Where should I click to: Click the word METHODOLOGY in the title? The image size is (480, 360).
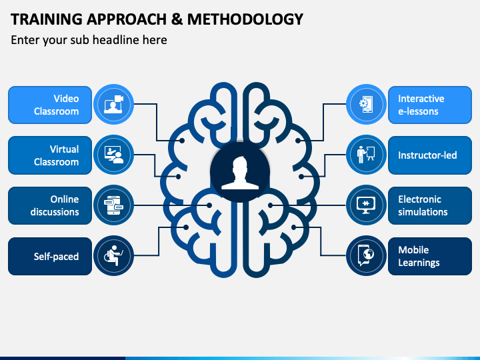click(x=245, y=19)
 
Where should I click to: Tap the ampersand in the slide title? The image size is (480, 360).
click(x=177, y=19)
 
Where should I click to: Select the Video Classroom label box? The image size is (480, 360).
click(x=50, y=105)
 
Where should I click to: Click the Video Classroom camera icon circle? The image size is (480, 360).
click(x=113, y=105)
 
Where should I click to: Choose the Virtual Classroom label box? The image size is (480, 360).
click(x=50, y=155)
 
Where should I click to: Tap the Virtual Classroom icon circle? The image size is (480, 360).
click(x=113, y=155)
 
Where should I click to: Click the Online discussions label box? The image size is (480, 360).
click(x=50, y=206)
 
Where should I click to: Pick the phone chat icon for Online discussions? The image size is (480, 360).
click(x=113, y=205)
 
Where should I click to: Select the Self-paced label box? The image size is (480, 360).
click(x=50, y=256)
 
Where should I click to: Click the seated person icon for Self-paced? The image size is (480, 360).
click(x=113, y=255)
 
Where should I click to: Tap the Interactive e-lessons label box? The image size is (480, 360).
click(x=430, y=105)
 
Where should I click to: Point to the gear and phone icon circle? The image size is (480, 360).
click(x=366, y=105)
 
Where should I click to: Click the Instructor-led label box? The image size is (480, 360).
click(x=430, y=155)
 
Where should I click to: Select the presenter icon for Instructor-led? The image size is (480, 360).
click(x=366, y=155)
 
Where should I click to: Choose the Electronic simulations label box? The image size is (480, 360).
click(x=430, y=206)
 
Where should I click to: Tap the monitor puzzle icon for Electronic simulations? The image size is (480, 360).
click(x=366, y=205)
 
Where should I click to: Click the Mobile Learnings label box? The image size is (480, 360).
click(x=430, y=256)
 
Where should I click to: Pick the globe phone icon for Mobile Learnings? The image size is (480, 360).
click(x=366, y=255)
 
